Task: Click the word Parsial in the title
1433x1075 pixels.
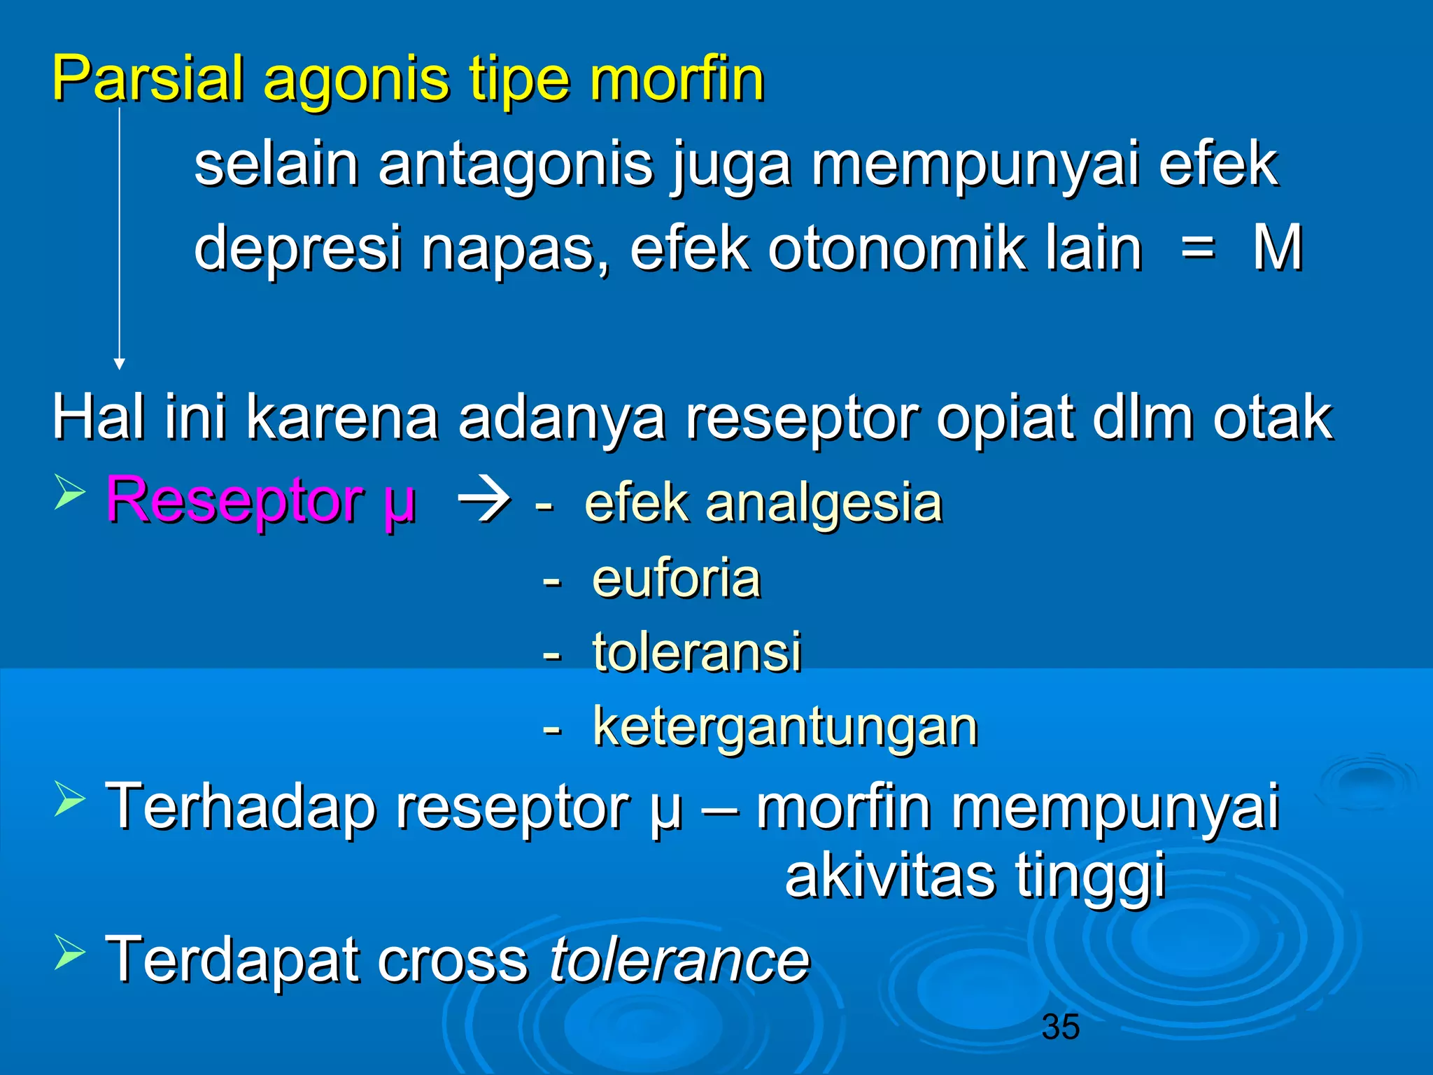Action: click(x=148, y=78)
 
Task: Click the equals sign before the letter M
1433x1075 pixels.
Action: click(x=1197, y=248)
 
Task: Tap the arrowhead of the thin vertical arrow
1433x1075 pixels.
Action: click(x=120, y=363)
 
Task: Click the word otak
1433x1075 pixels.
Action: click(x=1273, y=417)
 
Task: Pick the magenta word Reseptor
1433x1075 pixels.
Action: click(x=234, y=500)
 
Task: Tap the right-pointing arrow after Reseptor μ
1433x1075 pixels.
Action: click(x=483, y=503)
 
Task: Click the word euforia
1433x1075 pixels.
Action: click(x=676, y=578)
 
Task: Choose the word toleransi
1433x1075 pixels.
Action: click(x=697, y=652)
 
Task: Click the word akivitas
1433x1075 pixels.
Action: click(x=889, y=876)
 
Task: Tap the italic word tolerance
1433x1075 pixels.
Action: click(x=679, y=960)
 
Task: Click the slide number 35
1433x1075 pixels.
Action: click(x=1060, y=1027)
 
